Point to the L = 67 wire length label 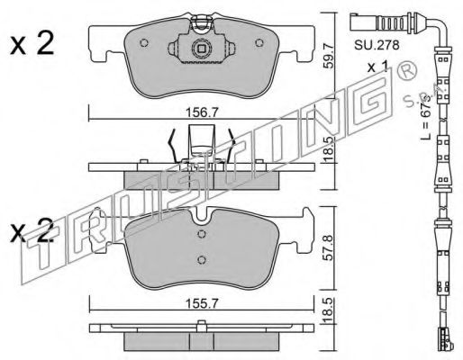(x=425, y=117)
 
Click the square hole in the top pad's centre (x=203, y=49)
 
